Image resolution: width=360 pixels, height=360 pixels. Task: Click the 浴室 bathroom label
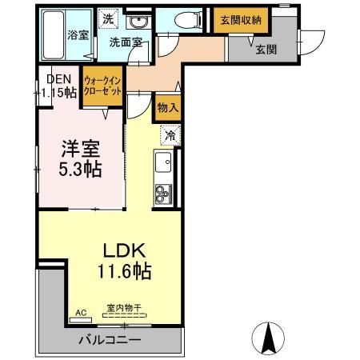tap(77, 36)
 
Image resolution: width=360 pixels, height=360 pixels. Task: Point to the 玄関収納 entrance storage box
tap(237, 21)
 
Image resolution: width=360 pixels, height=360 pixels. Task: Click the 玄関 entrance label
tap(266, 50)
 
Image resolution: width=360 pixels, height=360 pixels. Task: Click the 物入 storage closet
tap(167, 106)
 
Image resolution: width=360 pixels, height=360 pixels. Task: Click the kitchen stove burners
tap(163, 193)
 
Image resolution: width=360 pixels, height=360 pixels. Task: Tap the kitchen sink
tap(163, 163)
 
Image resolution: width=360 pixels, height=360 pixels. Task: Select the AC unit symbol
tap(80, 314)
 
